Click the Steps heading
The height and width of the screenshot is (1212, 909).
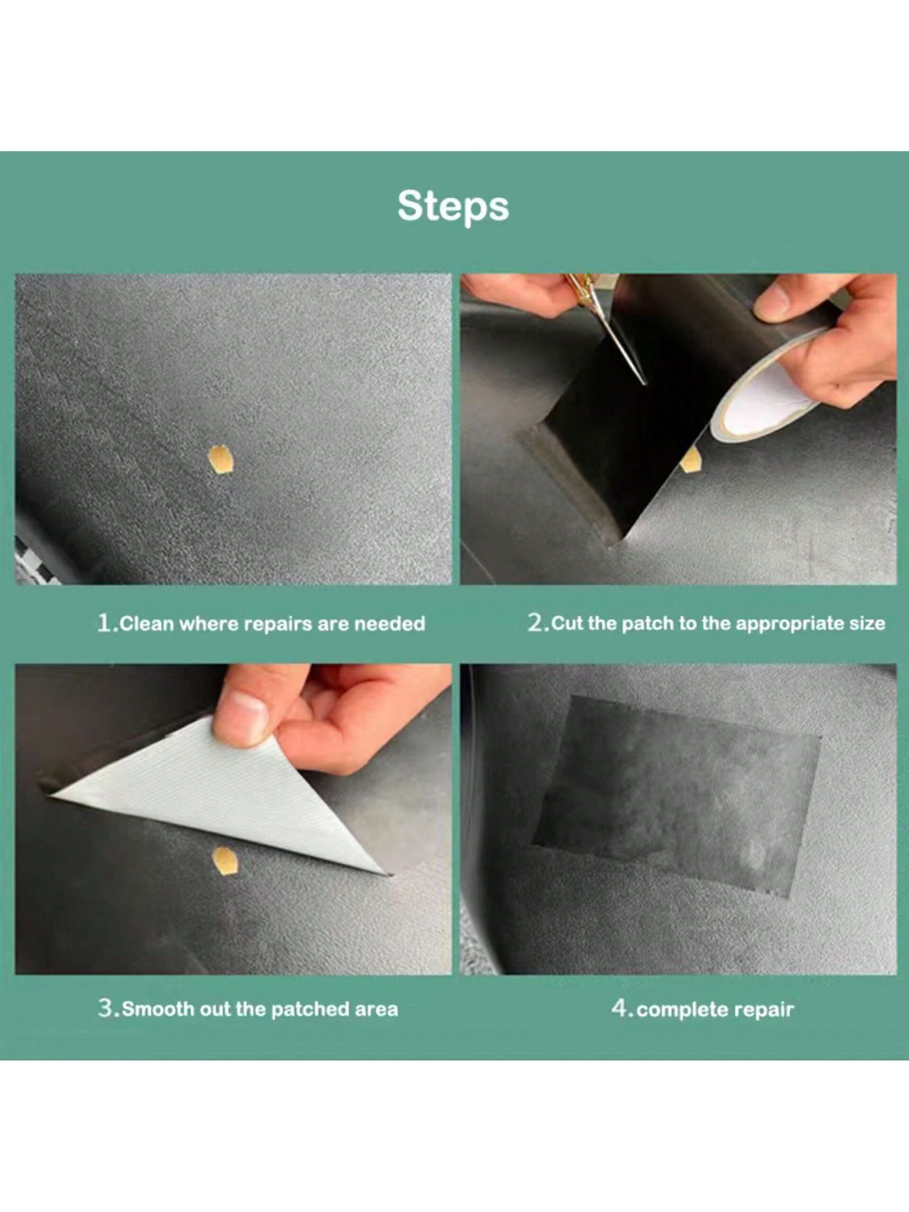coord(453,207)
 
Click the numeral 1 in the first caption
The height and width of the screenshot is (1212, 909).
coord(104,623)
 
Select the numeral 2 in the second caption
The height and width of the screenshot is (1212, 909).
coord(535,623)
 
